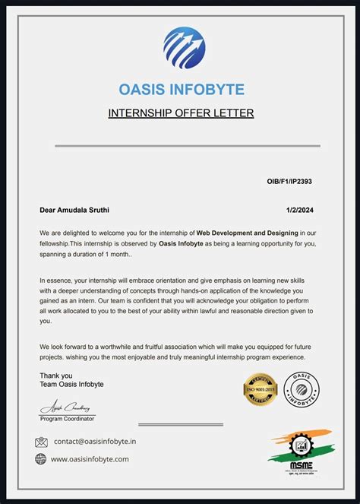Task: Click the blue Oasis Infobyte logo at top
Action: [x=184, y=48]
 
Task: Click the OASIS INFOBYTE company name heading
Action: [x=182, y=90]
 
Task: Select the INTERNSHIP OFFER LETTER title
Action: [x=181, y=114]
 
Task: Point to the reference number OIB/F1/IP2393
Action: [x=289, y=183]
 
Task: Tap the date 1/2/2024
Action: [x=298, y=209]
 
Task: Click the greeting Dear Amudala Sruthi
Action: [x=79, y=209]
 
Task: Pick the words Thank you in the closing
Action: [x=56, y=375]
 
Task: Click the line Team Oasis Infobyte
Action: [x=71, y=384]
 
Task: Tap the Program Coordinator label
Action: [x=68, y=419]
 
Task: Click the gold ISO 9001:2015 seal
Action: [x=259, y=389]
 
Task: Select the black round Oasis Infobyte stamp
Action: [x=302, y=389]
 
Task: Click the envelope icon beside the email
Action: [x=41, y=442]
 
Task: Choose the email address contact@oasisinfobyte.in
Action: [x=95, y=442]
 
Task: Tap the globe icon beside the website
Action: [x=41, y=459]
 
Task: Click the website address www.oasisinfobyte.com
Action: [x=90, y=459]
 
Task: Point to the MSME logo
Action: [x=299, y=452]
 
